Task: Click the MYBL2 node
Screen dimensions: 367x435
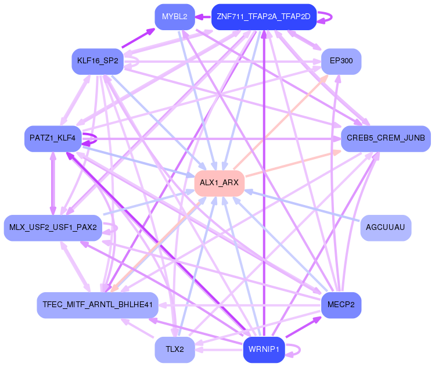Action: coord(174,17)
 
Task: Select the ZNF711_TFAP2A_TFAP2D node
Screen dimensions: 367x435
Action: coord(263,17)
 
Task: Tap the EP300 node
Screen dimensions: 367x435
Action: coord(341,61)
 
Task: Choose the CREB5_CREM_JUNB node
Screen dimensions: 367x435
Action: coord(385,138)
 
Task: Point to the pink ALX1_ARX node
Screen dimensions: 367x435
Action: coord(219,183)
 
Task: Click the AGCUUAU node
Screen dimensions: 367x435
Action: coord(386,228)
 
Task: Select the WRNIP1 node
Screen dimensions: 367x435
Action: coord(263,350)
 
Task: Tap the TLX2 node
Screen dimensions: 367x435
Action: coord(174,350)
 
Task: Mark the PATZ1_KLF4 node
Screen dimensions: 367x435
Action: coord(53,138)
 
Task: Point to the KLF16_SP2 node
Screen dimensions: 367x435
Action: coord(97,61)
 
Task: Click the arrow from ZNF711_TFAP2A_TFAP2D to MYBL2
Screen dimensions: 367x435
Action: coord(203,17)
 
